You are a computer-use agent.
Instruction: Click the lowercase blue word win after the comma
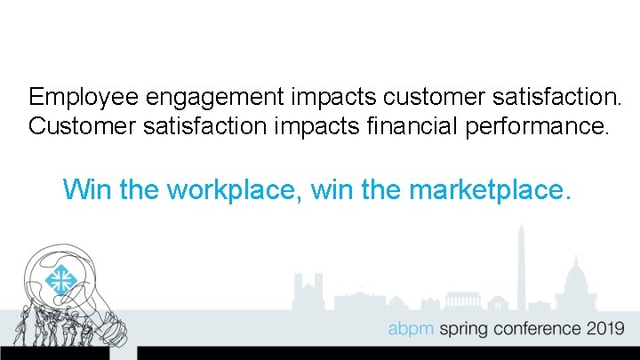(335, 188)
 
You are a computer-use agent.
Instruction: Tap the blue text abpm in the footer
(410, 329)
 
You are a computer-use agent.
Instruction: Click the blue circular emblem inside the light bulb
(60, 281)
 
